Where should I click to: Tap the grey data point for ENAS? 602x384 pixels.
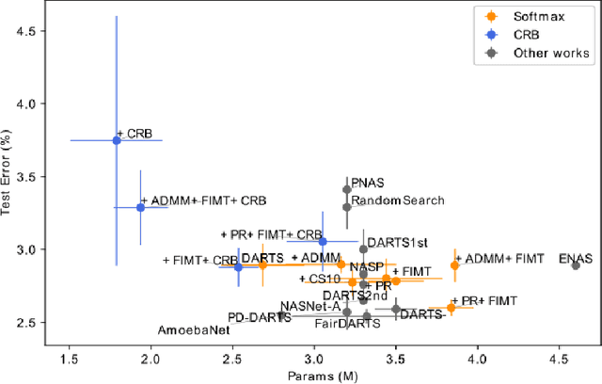(575, 265)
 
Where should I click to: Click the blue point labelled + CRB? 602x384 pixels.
(117, 140)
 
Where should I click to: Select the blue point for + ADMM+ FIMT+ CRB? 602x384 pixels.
(140, 207)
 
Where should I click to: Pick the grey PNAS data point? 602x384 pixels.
(347, 189)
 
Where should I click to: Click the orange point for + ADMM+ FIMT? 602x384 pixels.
(454, 265)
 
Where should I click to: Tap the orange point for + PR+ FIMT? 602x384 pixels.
(451, 308)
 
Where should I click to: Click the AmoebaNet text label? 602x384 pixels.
(194, 330)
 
